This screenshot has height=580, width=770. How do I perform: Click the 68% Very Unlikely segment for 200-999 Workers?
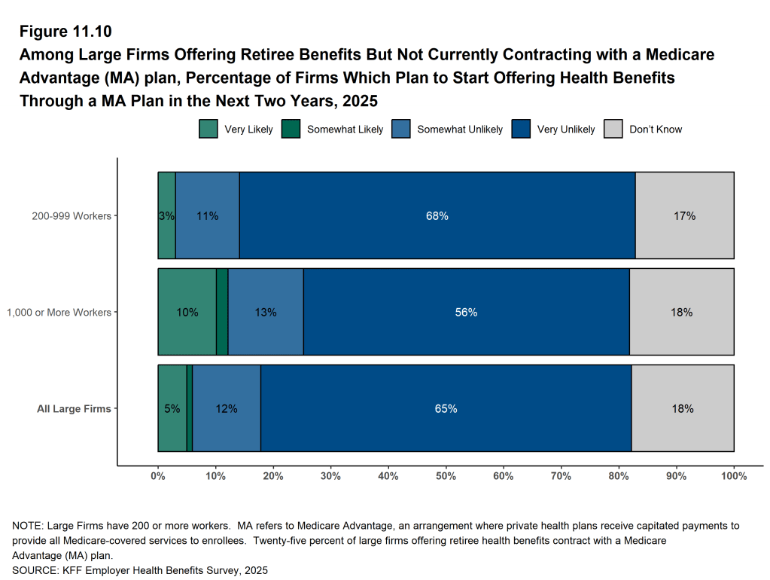pos(437,216)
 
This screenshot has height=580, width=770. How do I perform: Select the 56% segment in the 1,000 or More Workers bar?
pos(466,313)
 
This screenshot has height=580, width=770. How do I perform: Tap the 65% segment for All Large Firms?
pos(446,409)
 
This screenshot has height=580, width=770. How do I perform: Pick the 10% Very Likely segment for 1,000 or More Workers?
pos(187,313)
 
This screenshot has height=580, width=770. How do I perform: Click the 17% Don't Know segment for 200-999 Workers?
pos(684,216)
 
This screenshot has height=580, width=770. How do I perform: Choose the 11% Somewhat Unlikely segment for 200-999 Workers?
pos(207,216)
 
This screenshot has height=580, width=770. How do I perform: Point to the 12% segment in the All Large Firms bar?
pos(227,409)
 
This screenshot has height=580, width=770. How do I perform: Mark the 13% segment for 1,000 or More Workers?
pos(265,313)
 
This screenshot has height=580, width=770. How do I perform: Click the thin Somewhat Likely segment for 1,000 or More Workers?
pos(222,313)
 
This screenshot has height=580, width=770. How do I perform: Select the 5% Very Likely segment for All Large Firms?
pos(172,409)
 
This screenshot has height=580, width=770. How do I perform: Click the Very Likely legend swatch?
pos(208,129)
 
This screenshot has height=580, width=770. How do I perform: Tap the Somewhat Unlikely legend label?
pos(460,130)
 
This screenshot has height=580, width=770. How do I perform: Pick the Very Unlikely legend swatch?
pos(521,129)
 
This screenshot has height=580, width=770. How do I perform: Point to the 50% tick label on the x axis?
pos(446,476)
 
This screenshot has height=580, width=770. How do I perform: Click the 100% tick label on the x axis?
pos(734,476)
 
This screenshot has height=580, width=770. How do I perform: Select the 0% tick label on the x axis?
pos(158,476)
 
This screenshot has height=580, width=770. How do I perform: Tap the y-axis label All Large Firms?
pos(74,409)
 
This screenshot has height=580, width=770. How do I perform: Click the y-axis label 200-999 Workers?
pos(71,216)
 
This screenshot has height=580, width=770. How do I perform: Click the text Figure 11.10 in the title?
pos(65,32)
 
